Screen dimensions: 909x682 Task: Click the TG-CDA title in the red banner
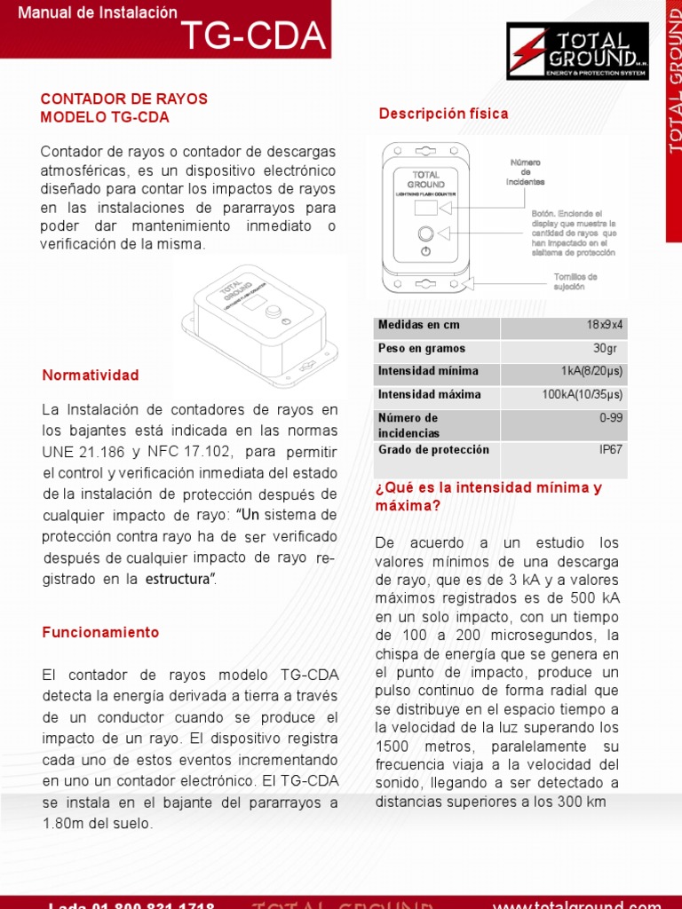(253, 36)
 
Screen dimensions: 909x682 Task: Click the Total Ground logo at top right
(577, 51)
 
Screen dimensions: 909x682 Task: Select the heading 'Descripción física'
(443, 114)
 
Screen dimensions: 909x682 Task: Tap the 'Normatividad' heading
(91, 375)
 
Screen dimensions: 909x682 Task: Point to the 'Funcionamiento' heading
(100, 633)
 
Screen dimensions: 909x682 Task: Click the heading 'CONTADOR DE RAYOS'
(124, 99)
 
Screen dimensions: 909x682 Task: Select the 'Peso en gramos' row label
(421, 348)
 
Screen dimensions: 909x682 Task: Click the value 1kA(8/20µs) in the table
(591, 371)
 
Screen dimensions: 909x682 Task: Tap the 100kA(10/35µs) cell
(582, 394)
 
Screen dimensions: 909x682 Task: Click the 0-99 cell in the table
(610, 417)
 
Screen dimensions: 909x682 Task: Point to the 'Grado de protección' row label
(433, 449)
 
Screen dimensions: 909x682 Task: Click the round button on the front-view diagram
(425, 233)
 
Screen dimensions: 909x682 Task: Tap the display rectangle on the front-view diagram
(425, 208)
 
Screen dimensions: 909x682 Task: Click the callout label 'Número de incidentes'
(525, 172)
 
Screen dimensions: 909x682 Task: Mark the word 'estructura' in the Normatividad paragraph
(177, 579)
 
